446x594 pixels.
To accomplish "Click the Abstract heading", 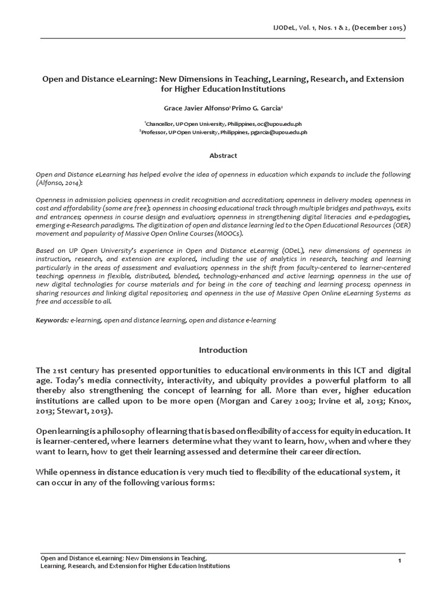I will pyautogui.click(x=223, y=155).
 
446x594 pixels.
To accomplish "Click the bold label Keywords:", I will pyautogui.click(x=52, y=320).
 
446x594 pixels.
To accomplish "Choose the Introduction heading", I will pyautogui.click(x=223, y=350).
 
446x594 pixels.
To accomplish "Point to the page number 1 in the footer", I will pyautogui.click(x=400, y=560).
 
